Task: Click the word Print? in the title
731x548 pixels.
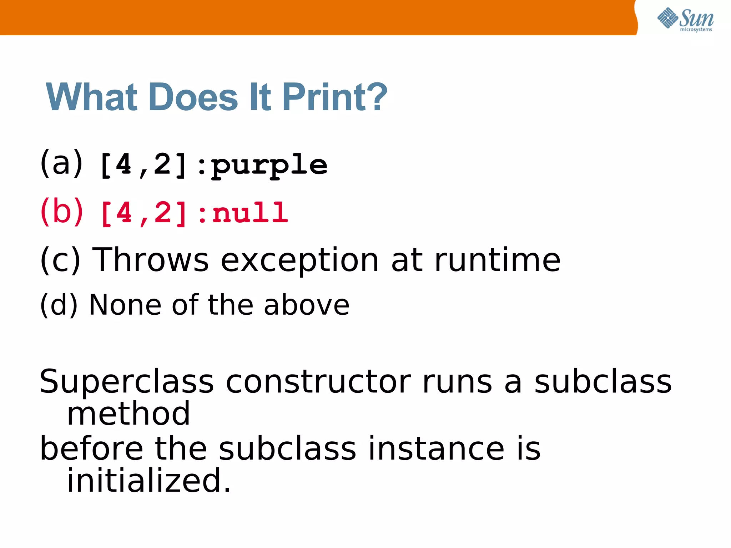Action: [334, 97]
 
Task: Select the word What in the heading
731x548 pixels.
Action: [91, 97]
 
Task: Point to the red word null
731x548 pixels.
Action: [250, 213]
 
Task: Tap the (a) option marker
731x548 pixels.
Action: [61, 163]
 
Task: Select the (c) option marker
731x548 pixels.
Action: [60, 260]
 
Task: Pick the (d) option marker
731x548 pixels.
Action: [59, 305]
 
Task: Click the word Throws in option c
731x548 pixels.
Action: [150, 260]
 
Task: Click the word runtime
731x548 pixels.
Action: [497, 260]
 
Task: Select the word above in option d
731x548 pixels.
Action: [307, 305]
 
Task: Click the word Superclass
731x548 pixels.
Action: [127, 382]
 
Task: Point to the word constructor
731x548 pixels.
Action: [318, 382]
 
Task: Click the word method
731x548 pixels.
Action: [128, 414]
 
